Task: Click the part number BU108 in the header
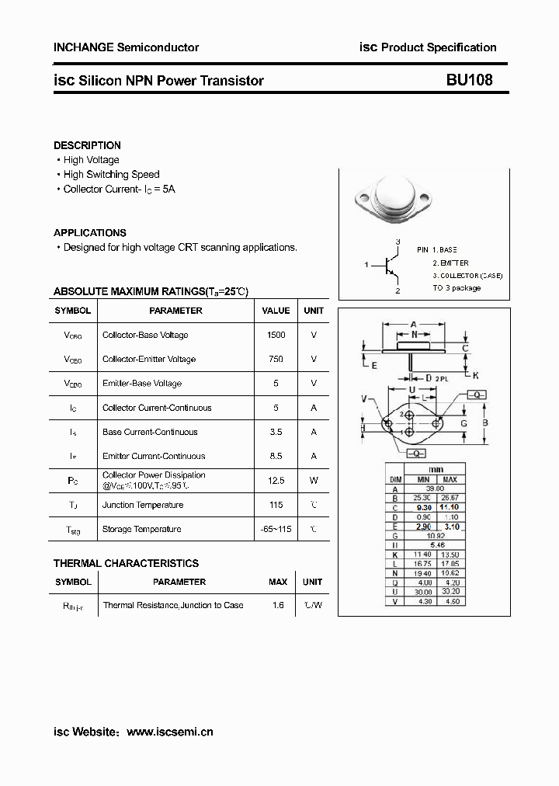tap(469, 80)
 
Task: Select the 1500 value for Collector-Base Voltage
tap(276, 335)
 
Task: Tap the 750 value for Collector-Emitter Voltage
tap(276, 359)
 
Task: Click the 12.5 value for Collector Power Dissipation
tap(276, 481)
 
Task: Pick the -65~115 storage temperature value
tap(276, 529)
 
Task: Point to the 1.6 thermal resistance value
tap(278, 605)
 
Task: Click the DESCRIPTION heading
tap(87, 145)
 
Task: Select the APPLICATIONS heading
tap(90, 232)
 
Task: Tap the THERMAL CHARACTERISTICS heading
tap(126, 563)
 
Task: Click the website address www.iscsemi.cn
tap(169, 732)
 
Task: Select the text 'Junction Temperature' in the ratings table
tap(143, 505)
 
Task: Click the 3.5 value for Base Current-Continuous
tap(276, 432)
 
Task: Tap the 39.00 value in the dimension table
tap(436, 489)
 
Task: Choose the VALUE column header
tap(276, 311)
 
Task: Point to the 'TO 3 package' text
tap(457, 288)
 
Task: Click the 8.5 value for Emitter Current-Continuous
tap(276, 456)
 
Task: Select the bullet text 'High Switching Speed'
tap(111, 175)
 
